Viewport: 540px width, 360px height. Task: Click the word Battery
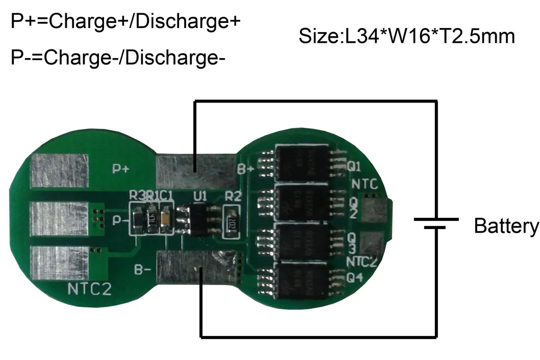[506, 225]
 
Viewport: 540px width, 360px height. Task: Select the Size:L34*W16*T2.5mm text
[406, 37]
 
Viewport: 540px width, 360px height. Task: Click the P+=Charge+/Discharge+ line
[125, 22]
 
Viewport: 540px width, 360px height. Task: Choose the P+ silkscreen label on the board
[121, 169]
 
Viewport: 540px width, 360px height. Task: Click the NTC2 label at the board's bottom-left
[89, 289]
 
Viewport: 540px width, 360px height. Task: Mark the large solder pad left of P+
[60, 171]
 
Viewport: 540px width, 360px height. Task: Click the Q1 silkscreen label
[354, 167]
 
